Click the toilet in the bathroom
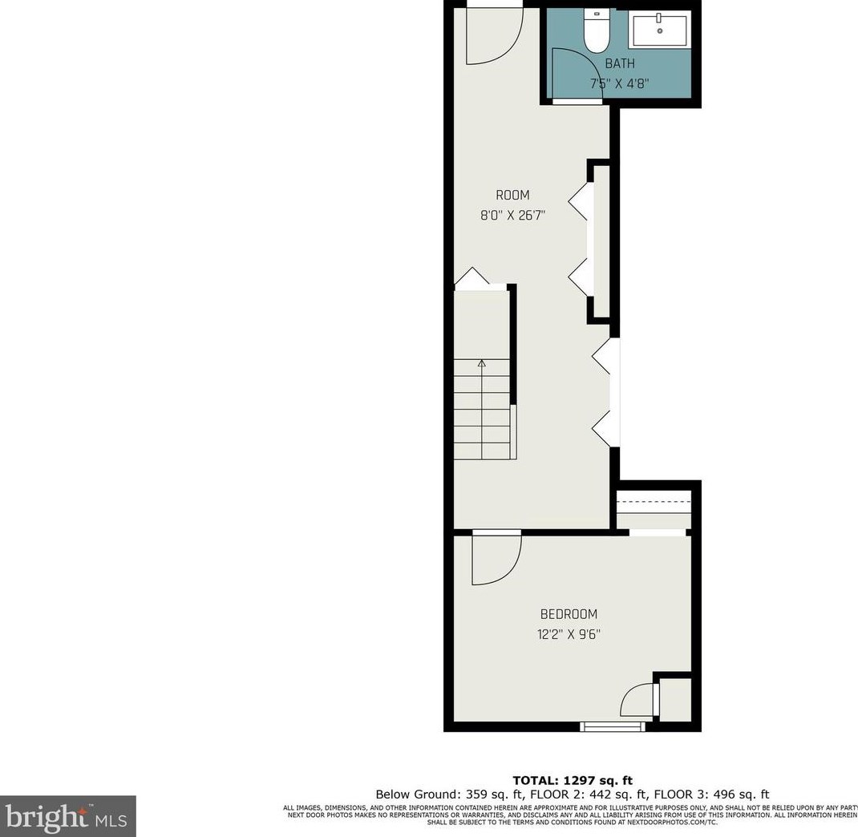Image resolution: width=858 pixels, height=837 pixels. (596, 30)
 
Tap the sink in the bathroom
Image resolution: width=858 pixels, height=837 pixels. (660, 31)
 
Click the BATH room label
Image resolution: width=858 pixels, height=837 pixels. (620, 63)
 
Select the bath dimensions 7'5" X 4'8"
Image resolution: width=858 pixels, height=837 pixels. (620, 82)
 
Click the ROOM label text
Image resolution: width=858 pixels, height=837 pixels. (512, 195)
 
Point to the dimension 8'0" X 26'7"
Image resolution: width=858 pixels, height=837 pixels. (512, 214)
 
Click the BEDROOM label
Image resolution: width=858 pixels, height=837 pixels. (569, 614)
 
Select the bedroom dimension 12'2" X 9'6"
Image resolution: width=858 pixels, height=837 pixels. (569, 634)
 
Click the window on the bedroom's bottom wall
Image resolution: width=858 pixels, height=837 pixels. (613, 726)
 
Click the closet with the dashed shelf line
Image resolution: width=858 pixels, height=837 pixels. (653, 508)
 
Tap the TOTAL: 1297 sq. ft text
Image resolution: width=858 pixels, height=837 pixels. (573, 780)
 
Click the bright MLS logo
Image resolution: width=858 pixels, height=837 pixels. (67, 816)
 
